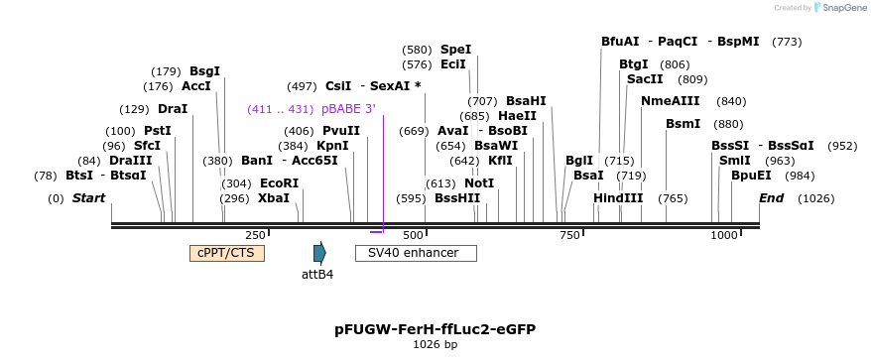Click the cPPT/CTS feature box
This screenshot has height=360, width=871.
pyautogui.click(x=226, y=253)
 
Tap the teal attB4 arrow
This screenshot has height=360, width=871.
pyautogui.click(x=318, y=253)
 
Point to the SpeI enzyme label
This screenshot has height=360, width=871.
pyautogui.click(x=455, y=50)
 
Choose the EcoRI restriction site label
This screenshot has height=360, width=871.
pyautogui.click(x=279, y=183)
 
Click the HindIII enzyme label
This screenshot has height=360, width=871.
pyautogui.click(x=618, y=198)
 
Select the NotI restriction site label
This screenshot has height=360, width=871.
pyautogui.click(x=479, y=183)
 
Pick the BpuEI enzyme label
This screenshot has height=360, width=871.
pyautogui.click(x=751, y=176)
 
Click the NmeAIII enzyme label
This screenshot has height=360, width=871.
pyautogui.click(x=671, y=101)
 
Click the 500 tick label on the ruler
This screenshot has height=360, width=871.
pyautogui.click(x=412, y=235)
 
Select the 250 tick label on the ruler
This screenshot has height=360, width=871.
pyautogui.click(x=255, y=235)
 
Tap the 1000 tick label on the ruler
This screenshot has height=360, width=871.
pyautogui.click(x=724, y=235)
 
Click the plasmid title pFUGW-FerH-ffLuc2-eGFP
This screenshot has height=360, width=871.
pyautogui.click(x=435, y=328)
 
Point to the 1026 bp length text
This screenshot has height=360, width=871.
pyautogui.click(x=435, y=345)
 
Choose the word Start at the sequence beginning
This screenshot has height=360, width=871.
pyautogui.click(x=88, y=198)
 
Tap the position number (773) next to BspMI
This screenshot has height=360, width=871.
pyautogui.click(x=787, y=42)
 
